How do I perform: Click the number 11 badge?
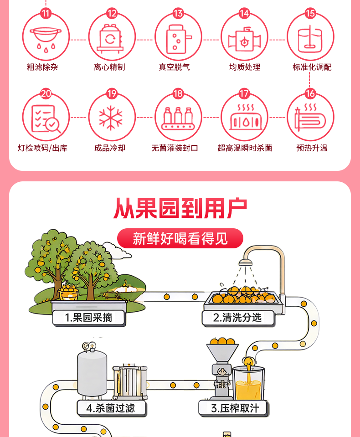click(46, 13)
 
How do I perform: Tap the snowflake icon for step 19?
click(111, 118)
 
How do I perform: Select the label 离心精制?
click(109, 67)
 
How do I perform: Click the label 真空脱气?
click(174, 67)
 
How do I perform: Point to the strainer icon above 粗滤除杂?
click(46, 38)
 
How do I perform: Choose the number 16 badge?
click(310, 93)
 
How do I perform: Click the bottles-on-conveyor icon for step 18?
click(178, 119)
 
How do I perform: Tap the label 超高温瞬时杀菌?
click(245, 148)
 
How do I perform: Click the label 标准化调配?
click(312, 67)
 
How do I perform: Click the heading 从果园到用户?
click(180, 208)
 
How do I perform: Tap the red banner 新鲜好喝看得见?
click(180, 238)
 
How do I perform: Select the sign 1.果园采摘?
click(88, 318)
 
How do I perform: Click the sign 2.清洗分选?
click(238, 318)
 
